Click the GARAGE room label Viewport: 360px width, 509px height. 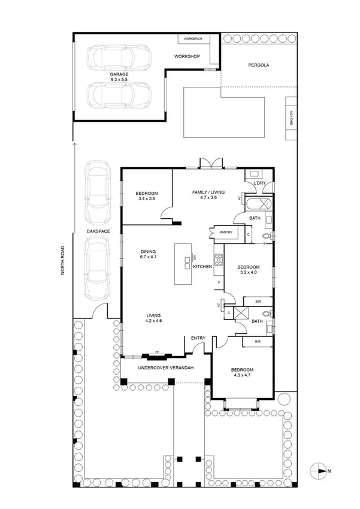tap(119, 74)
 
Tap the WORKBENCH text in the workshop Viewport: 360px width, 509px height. tap(193, 39)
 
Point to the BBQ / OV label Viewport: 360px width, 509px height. tap(292, 118)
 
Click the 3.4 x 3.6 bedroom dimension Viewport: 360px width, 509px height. tap(146, 198)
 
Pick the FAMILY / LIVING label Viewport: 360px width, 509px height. tap(208, 192)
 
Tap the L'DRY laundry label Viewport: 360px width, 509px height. tap(259, 182)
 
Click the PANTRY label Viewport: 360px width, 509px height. tap(226, 231)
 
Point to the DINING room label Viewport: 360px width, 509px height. tap(148, 251)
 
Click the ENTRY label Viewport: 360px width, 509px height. tap(198, 338)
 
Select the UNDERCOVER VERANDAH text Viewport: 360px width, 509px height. tap(165, 368)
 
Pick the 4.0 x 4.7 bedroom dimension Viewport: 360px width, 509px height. tap(243, 377)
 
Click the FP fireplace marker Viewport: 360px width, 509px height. tap(157, 352)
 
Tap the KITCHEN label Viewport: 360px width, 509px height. tap(202, 266)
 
